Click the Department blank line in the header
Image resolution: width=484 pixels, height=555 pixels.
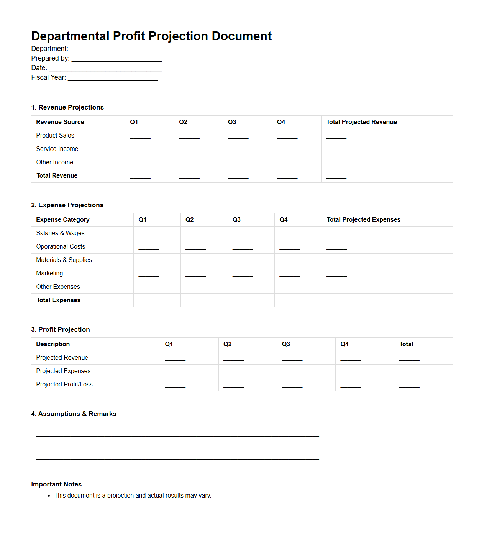click(x=115, y=49)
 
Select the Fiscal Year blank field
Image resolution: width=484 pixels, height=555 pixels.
click(x=113, y=78)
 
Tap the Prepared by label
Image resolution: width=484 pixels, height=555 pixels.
click(x=50, y=58)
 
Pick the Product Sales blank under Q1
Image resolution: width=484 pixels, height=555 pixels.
click(x=140, y=136)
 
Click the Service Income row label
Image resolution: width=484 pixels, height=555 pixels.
click(x=57, y=149)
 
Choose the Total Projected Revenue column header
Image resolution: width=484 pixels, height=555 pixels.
click(x=361, y=122)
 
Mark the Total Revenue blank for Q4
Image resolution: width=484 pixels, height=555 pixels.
click(x=287, y=176)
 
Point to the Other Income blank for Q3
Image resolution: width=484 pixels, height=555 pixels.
click(x=238, y=163)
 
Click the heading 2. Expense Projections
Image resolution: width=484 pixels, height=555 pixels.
click(x=67, y=205)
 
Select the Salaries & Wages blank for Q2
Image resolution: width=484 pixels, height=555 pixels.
click(x=195, y=234)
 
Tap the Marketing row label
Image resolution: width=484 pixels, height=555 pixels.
click(x=49, y=273)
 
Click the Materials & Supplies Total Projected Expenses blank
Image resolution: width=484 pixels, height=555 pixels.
click(x=336, y=260)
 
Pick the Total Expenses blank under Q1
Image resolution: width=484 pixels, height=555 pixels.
click(x=149, y=301)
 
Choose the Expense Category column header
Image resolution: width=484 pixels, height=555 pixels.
click(x=63, y=220)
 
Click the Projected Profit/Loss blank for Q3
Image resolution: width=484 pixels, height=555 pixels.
click(x=292, y=385)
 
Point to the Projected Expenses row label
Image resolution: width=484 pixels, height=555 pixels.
click(x=63, y=371)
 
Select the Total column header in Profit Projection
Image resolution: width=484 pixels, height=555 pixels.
click(x=406, y=344)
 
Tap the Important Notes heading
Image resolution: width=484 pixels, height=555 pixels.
click(x=56, y=485)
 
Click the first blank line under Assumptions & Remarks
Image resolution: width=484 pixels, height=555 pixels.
click(x=177, y=434)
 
